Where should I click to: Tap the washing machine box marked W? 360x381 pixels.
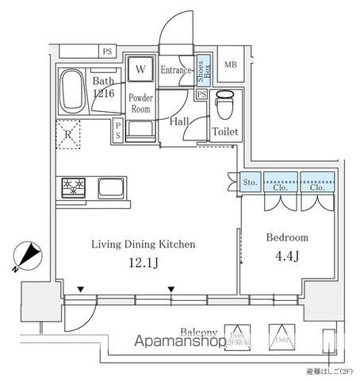(140, 70)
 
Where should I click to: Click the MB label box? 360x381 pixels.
(231, 66)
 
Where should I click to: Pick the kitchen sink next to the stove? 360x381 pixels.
(110, 188)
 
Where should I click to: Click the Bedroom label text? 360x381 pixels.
(288, 237)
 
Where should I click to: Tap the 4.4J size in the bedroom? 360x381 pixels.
(288, 256)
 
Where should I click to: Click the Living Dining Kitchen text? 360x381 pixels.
(143, 244)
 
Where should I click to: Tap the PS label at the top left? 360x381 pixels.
(106, 52)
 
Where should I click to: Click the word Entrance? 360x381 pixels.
(177, 71)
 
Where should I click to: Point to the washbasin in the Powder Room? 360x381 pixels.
(140, 129)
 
